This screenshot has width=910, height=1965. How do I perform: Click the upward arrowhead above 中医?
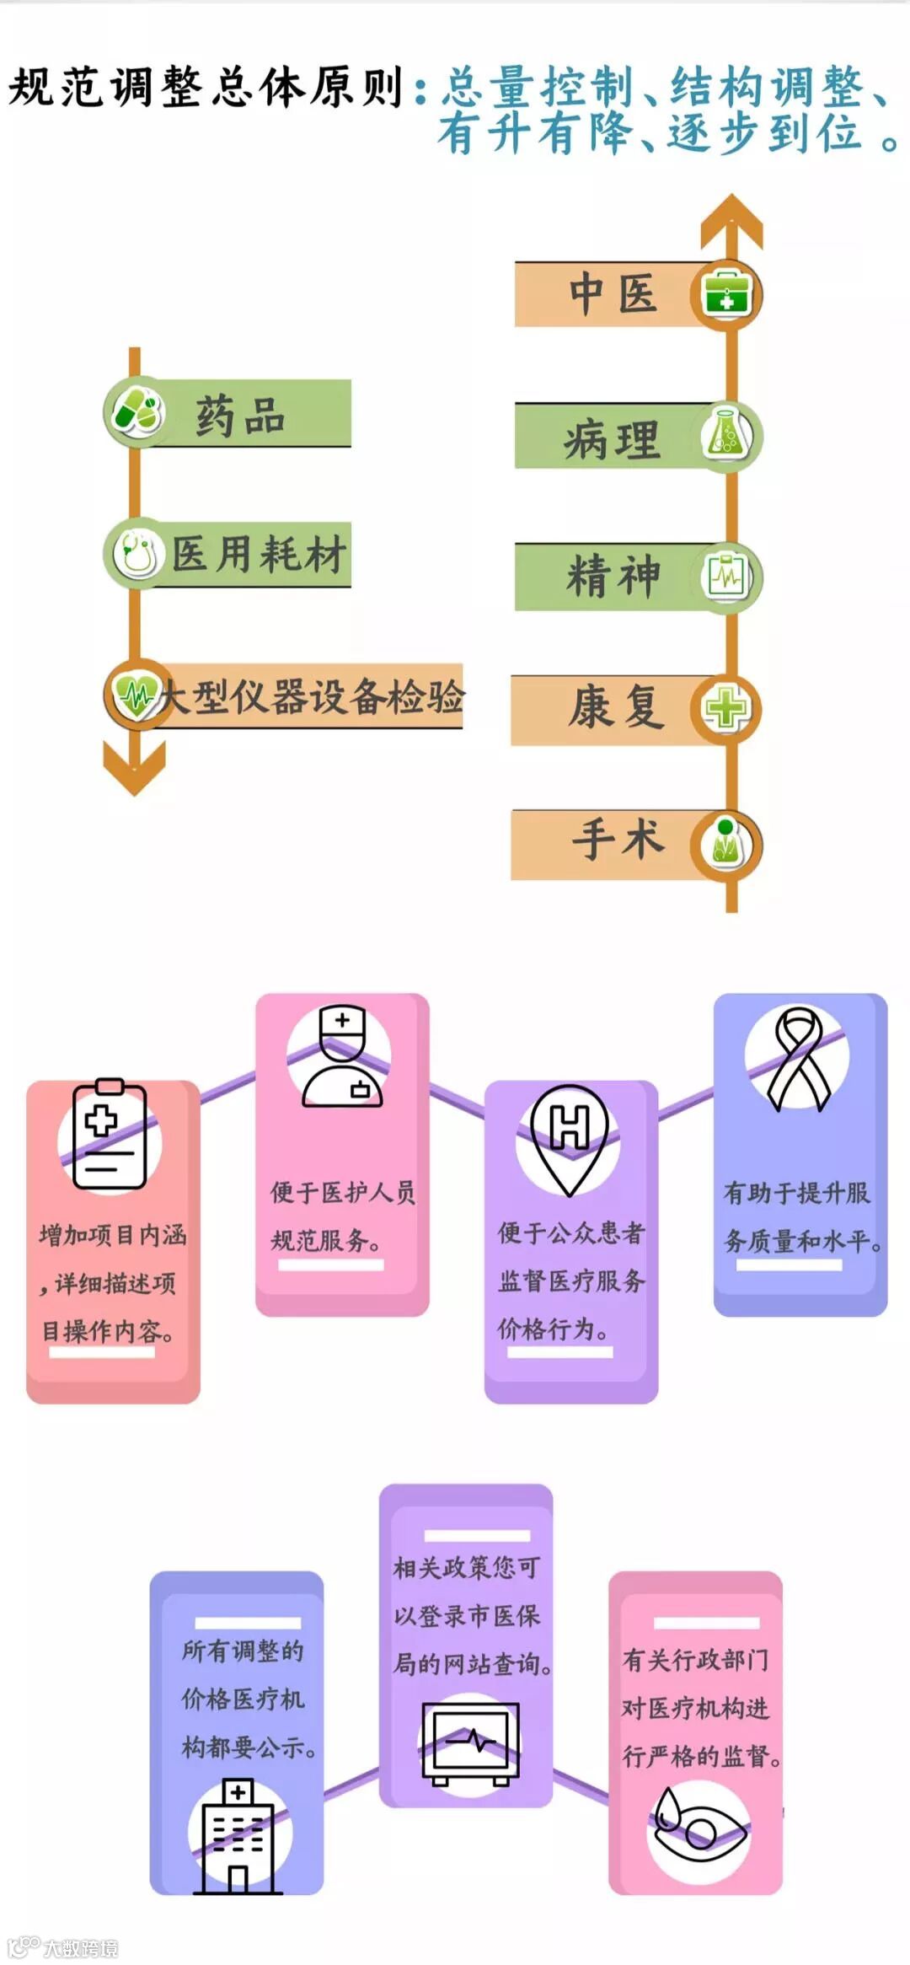[732, 218]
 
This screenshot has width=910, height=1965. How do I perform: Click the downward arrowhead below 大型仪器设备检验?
[134, 768]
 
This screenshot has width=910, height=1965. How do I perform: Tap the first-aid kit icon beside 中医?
[726, 295]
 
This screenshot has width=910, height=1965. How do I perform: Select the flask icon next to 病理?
[726, 436]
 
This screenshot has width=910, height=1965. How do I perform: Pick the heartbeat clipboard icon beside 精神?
[726, 577]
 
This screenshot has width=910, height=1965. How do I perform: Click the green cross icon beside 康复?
[726, 708]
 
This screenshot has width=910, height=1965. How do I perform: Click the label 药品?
[241, 416]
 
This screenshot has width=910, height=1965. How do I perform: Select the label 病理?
[613, 439]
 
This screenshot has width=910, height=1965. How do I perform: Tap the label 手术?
[618, 840]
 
